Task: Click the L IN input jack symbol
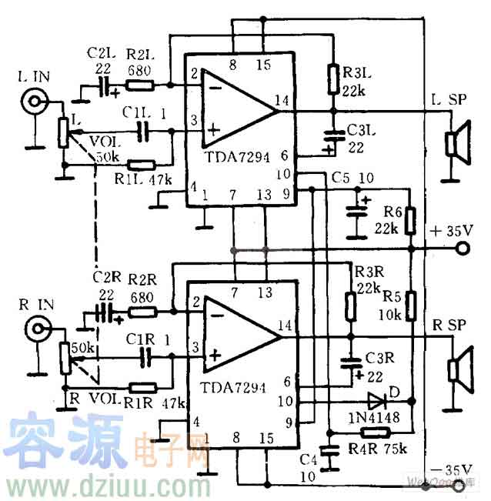pos(35,101)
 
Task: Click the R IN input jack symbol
pos(35,330)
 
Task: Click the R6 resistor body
pos(411,220)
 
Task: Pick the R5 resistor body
pos(411,305)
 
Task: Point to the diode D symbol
pos(376,400)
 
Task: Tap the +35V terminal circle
pos(463,249)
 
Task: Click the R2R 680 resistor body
pos(143,312)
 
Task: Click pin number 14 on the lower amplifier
pos(286,326)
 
